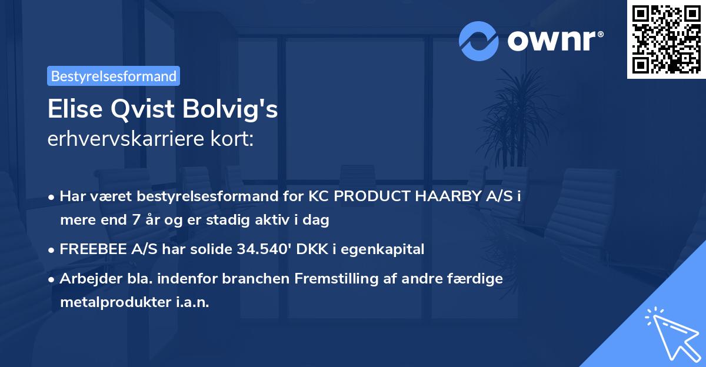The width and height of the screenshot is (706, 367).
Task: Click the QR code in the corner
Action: click(666, 39)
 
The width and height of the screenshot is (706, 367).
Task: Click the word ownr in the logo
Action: click(554, 41)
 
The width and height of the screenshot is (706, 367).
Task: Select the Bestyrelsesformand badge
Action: click(114, 76)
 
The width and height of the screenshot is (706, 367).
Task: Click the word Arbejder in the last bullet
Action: click(88, 278)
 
